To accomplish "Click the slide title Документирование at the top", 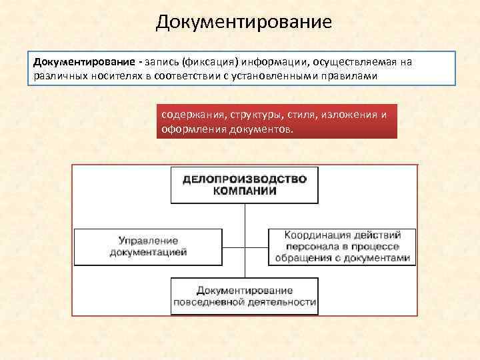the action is tap(243, 22).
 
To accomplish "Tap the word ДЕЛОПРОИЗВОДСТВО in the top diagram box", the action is tap(245, 179).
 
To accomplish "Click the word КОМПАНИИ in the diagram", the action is tap(245, 191).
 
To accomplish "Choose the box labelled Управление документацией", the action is tap(148, 247).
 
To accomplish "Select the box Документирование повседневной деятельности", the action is tap(244, 296).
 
